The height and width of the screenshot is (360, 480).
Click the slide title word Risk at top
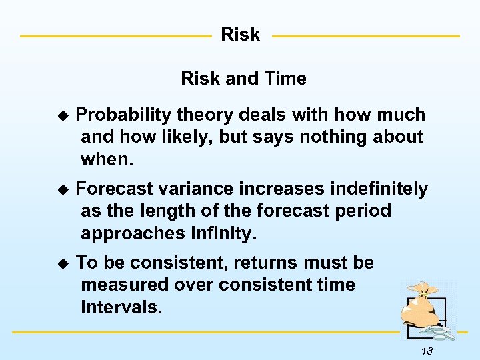[x=240, y=35]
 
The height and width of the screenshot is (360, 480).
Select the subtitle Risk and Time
[x=243, y=79]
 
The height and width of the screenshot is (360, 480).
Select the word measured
[x=123, y=285]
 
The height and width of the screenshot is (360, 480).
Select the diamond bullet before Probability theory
[x=63, y=116]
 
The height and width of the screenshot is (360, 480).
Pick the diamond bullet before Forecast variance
[x=63, y=190]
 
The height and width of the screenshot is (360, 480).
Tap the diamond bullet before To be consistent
[x=63, y=263]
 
